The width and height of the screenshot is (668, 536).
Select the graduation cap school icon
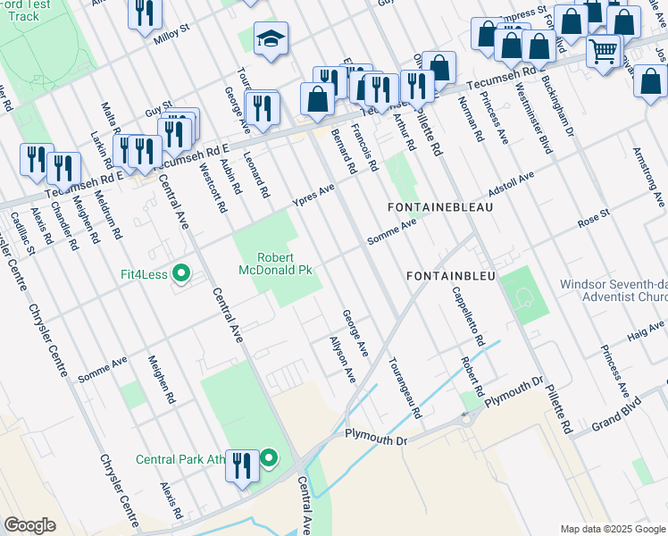(x=271, y=39)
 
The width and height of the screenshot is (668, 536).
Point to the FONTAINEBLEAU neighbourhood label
(x=440, y=206)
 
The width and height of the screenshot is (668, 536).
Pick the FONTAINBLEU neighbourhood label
(x=450, y=277)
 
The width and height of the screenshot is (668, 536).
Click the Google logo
(x=29, y=524)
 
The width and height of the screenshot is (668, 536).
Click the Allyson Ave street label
(x=342, y=361)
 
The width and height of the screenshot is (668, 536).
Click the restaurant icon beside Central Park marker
(x=242, y=465)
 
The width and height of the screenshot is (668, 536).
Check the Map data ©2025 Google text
(x=612, y=528)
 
